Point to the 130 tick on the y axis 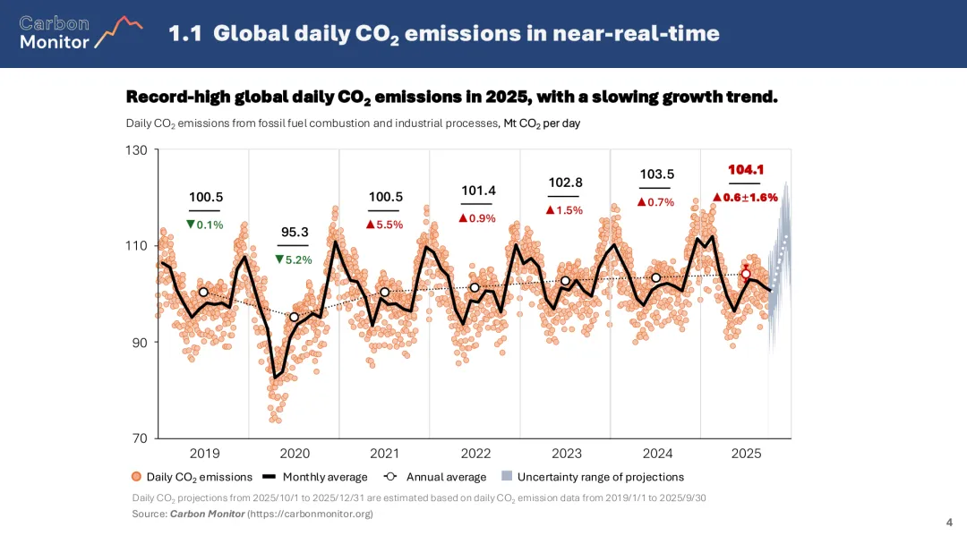coord(136,149)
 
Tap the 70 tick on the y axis coord(139,438)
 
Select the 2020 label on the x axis coord(295,454)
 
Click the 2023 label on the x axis coord(566,454)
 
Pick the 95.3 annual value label coord(295,232)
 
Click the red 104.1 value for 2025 coord(746,169)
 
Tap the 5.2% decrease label coord(294,259)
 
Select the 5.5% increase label coord(385,225)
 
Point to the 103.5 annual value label coord(657,174)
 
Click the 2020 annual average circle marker coord(295,317)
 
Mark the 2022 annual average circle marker coord(475,287)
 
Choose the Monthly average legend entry coord(325,477)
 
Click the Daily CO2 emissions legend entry coord(192,477)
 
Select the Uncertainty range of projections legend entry coord(593,477)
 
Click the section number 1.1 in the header coord(186,34)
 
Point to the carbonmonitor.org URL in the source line coord(310,514)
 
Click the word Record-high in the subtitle coord(177,97)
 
